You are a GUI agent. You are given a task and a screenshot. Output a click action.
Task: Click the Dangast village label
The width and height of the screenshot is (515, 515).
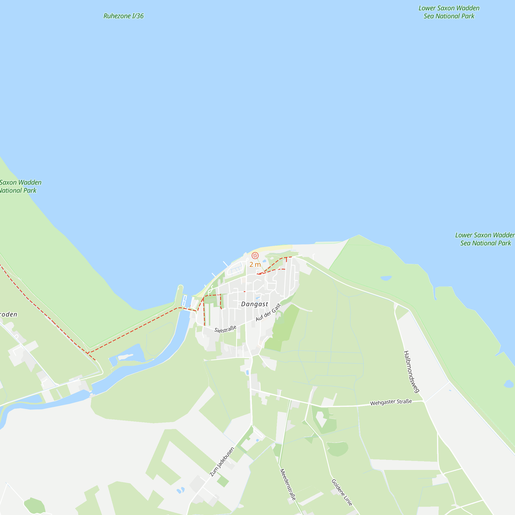tap(254, 304)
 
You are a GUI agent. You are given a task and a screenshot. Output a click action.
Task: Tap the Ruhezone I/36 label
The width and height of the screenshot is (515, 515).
tap(123, 16)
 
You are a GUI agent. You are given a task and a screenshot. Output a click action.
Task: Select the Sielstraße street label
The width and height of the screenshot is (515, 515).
tap(225, 329)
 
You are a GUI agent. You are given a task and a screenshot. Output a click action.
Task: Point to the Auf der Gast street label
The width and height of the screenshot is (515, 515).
tap(268, 312)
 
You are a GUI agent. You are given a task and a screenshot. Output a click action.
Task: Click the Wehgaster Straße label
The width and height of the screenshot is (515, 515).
tap(391, 402)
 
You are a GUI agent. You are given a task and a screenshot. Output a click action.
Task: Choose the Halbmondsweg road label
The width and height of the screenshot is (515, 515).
tap(411, 372)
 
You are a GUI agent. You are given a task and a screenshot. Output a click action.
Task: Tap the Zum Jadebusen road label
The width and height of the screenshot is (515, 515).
tap(222, 462)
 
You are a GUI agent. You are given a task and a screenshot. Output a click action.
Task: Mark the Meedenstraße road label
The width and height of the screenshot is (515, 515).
tap(288, 484)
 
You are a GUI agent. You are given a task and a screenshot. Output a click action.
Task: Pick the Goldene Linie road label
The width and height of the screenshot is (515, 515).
tap(342, 492)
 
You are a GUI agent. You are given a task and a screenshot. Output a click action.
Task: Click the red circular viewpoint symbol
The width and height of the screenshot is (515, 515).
tap(255, 256)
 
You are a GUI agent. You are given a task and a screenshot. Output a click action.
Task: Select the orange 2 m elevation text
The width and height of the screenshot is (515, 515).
tap(255, 264)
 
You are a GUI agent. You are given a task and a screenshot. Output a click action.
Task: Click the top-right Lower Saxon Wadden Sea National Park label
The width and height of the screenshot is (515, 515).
tap(449, 12)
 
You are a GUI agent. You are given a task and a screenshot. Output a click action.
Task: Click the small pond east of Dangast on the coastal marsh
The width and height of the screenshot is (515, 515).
tap(386, 278)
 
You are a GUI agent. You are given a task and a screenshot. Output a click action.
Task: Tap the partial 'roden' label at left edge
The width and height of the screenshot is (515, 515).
tap(8, 315)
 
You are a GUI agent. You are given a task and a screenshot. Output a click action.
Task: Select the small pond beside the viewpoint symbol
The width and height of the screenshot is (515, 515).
tap(264, 261)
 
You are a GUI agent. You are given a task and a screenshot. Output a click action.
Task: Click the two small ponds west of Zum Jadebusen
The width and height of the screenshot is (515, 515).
tap(181, 490)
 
